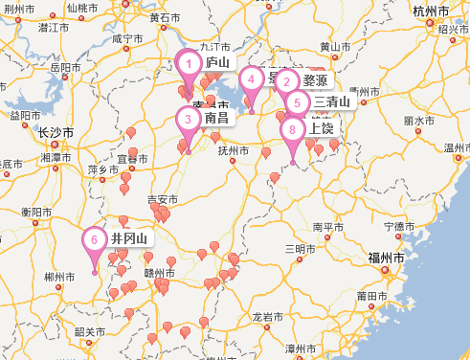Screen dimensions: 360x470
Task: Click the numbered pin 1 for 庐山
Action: point(190,65)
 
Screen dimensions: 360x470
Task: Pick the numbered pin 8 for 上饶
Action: point(293,129)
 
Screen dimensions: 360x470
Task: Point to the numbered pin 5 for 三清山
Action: point(297,102)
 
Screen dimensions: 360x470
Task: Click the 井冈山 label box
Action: point(129,238)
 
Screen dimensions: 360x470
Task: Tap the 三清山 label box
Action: point(332,101)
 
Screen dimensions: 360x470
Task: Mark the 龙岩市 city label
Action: point(269,315)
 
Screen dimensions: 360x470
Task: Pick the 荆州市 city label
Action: point(20,9)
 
